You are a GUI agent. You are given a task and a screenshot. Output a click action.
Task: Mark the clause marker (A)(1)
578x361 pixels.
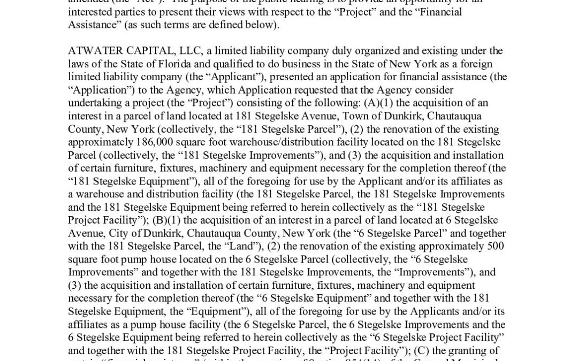pos(395,103)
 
